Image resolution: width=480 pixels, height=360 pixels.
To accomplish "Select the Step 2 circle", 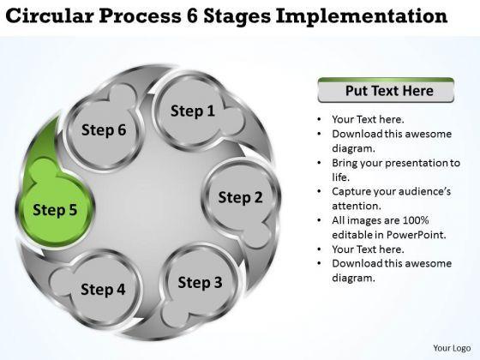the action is [x=240, y=197].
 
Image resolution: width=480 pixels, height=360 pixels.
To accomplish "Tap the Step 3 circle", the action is [x=200, y=282].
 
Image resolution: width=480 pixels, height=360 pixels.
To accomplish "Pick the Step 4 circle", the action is [x=103, y=289].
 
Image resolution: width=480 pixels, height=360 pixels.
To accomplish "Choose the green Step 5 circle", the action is [x=55, y=210].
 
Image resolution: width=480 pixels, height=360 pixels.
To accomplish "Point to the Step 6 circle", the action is [x=104, y=129].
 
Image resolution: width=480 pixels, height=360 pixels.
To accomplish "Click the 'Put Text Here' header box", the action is [x=386, y=90].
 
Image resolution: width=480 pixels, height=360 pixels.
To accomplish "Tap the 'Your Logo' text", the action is [x=452, y=348].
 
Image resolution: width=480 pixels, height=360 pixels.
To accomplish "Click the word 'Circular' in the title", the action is [x=50, y=15].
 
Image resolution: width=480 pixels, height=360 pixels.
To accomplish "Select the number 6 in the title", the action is [x=193, y=15].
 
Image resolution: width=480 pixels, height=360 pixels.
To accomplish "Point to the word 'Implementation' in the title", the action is [x=362, y=16].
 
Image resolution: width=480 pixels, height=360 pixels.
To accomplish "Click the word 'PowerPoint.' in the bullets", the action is [x=416, y=235].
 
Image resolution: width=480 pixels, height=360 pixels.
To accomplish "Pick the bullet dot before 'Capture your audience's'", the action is [x=319, y=192].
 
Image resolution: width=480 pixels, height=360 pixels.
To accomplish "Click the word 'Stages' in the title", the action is [x=237, y=16].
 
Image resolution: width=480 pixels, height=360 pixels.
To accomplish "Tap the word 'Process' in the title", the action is [x=140, y=15].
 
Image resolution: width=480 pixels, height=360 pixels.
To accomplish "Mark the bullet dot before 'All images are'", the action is [x=319, y=221].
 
